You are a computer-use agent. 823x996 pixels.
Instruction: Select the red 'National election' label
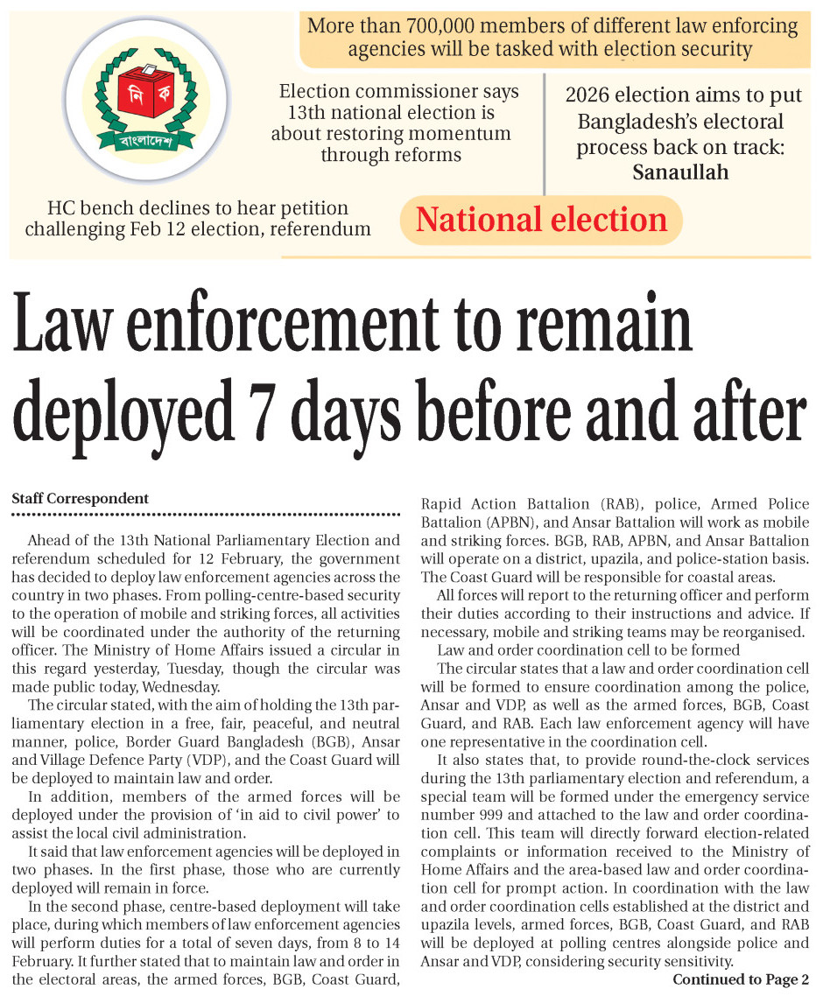[x=541, y=219]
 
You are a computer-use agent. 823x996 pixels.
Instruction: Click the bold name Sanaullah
[x=680, y=172]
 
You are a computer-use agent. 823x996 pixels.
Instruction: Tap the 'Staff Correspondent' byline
[x=80, y=498]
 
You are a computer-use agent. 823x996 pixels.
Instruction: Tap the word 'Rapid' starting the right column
[x=444, y=504]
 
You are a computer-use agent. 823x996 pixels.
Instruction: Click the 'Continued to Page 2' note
[x=741, y=979]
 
